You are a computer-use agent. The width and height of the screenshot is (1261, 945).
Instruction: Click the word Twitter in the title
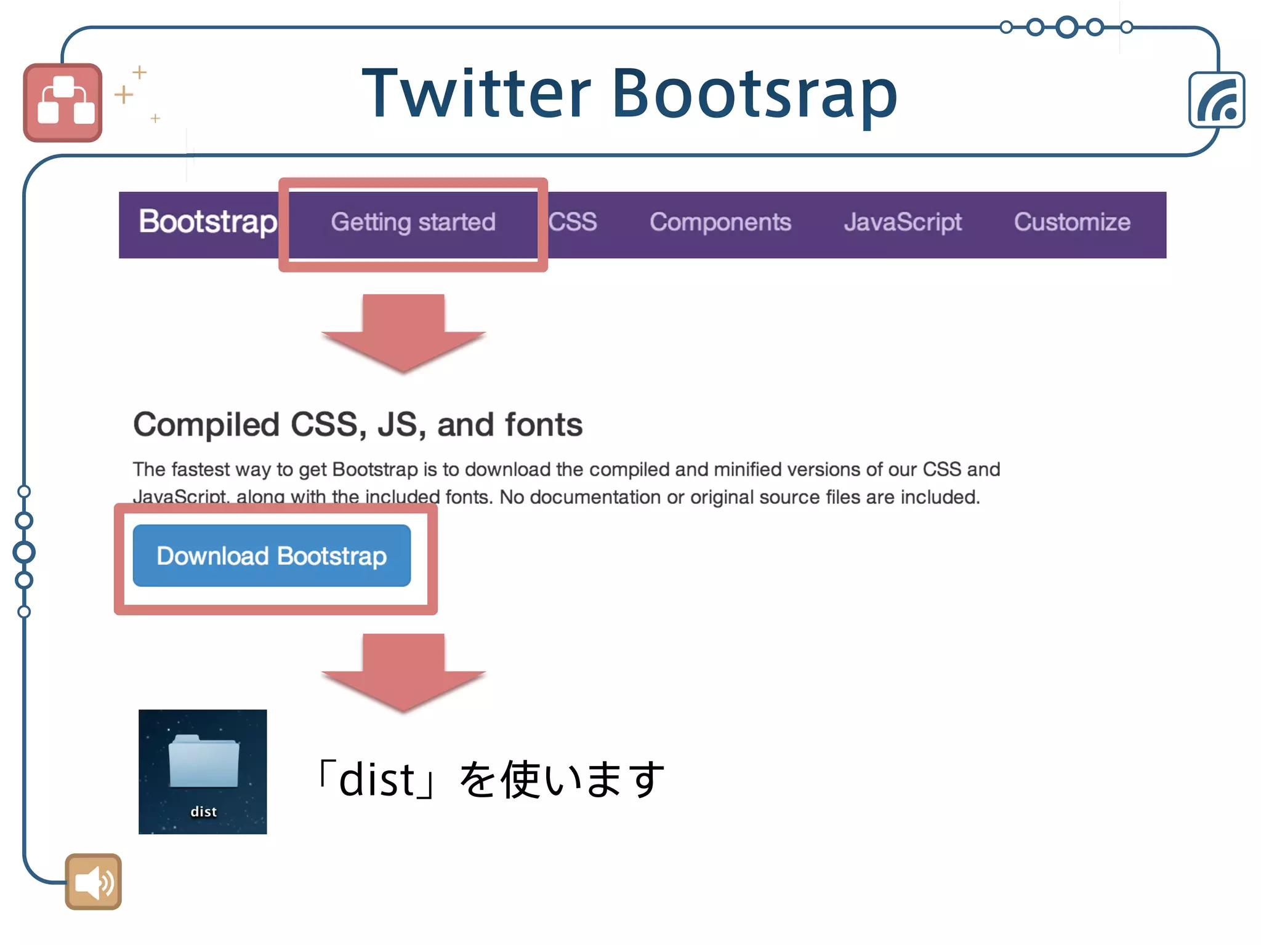[477, 94]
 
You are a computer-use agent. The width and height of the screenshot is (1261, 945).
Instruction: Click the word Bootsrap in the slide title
[754, 94]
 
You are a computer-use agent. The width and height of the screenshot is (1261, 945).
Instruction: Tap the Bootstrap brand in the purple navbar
[207, 221]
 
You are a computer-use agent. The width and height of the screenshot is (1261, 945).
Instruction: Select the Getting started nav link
[413, 222]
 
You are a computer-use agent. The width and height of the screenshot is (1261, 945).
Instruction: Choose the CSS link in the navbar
[573, 222]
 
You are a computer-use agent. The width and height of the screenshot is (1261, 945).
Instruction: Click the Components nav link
[720, 222]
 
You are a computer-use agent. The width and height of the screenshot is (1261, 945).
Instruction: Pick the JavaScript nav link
[903, 222]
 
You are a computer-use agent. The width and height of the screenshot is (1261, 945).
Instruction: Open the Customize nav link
[1072, 222]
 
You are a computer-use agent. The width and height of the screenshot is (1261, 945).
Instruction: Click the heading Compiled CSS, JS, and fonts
[358, 425]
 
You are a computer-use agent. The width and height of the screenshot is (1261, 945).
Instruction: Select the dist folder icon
[203, 761]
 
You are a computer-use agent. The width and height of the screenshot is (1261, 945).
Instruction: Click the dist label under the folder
[203, 812]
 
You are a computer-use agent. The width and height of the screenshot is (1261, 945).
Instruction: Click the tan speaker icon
[94, 882]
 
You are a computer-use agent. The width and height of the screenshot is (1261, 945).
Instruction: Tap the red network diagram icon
[63, 103]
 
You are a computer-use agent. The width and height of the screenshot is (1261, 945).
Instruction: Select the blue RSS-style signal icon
[1217, 100]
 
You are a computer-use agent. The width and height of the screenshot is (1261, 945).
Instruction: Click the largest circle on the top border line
[1066, 27]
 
